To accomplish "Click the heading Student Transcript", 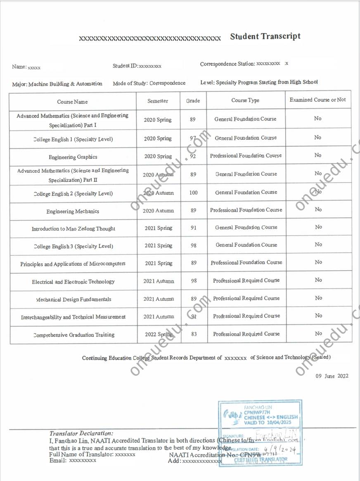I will point(265,36).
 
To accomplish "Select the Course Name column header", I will point(72,102).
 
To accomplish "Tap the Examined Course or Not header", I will point(317,100).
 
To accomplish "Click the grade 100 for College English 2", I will point(193,193).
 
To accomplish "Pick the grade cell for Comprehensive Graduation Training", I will point(194,334).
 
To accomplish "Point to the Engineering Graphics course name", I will point(73,157).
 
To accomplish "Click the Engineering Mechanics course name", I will point(73,212).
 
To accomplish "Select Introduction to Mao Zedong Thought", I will point(73,229).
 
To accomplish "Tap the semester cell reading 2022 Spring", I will point(159,334).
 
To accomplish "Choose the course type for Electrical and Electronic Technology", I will point(246,281).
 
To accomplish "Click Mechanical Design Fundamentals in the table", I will point(73,299).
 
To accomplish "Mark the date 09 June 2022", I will point(332,376).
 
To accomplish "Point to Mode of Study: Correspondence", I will point(149,83).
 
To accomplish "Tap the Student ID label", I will point(125,66).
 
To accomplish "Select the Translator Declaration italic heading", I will point(81,433).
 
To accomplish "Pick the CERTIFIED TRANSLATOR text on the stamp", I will point(261,459).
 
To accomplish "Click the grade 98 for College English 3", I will point(193,245).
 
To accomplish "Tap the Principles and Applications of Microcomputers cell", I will point(73,264).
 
